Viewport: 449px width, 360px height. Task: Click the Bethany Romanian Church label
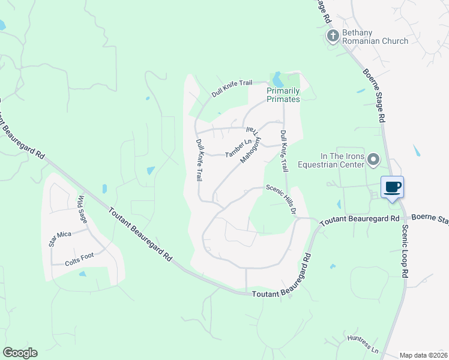tap(375, 37)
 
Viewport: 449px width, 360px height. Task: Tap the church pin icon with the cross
tap(333, 37)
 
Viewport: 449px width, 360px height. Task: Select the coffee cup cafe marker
tap(393, 187)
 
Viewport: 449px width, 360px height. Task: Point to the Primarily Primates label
tap(283, 95)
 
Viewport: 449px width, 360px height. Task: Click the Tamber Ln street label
tap(237, 149)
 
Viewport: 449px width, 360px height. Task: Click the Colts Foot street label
tap(79, 259)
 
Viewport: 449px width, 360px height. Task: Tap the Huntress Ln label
tap(363, 344)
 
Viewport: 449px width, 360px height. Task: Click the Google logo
tap(20, 353)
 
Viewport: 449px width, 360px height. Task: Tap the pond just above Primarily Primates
tap(277, 79)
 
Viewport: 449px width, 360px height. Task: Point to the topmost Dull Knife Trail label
tap(231, 89)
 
